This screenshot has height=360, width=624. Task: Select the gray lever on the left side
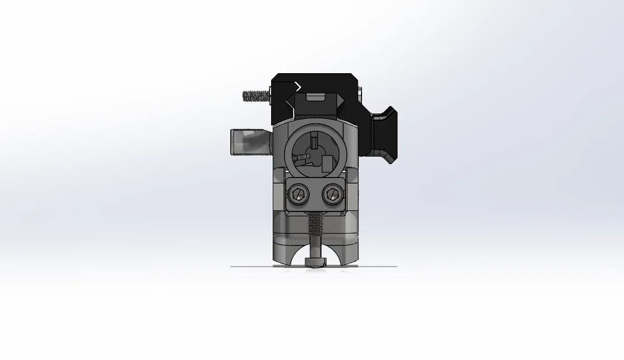(x=249, y=142)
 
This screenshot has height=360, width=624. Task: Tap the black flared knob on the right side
(x=383, y=135)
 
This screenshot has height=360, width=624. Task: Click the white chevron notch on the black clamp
(x=297, y=86)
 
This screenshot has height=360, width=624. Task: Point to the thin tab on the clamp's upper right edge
(x=360, y=92)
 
